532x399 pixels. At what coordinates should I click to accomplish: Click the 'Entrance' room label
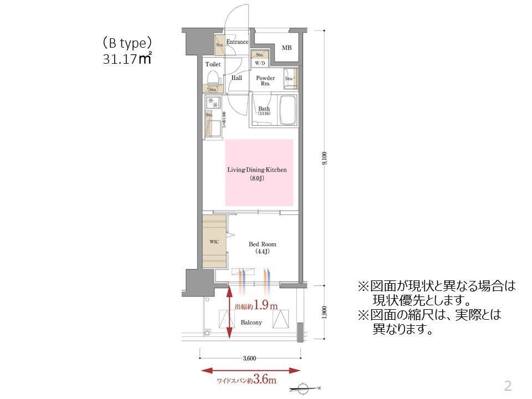point(237,42)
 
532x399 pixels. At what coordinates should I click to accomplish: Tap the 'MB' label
point(286,48)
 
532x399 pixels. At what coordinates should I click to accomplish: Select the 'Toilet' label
point(213,64)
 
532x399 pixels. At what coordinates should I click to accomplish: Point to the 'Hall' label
point(237,78)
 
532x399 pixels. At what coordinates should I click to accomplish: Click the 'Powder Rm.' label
point(265,81)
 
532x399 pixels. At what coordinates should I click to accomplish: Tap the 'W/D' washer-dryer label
point(259,63)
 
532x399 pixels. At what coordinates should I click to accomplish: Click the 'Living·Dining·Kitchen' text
point(257,170)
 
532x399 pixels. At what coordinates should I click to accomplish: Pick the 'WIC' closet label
point(214,242)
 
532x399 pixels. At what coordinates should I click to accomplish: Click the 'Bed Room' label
point(262,244)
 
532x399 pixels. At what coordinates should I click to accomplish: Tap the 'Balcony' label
point(251,322)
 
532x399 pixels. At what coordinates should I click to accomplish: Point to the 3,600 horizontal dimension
point(249,359)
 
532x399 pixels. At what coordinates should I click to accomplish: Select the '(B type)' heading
point(127,43)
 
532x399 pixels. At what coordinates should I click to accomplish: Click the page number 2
point(507,386)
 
